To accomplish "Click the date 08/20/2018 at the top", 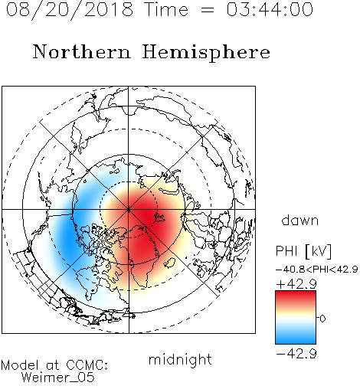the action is pyautogui.click(x=70, y=10).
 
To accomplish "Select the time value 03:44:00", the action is pyautogui.click(x=270, y=9).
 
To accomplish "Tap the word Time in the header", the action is pyautogui.click(x=166, y=9).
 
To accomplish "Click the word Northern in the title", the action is pyautogui.click(x=82, y=51).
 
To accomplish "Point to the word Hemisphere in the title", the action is pyautogui.click(x=206, y=53).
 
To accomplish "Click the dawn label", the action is pyautogui.click(x=300, y=220).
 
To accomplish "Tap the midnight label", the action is pyautogui.click(x=180, y=361).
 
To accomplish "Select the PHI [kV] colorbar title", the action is pyautogui.click(x=303, y=251).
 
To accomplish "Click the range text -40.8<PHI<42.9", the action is pyautogui.click(x=316, y=270).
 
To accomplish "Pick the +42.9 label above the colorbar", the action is pyautogui.click(x=296, y=284).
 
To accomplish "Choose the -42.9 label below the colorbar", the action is pyautogui.click(x=296, y=354).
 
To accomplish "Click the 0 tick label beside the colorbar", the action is pyautogui.click(x=322, y=319).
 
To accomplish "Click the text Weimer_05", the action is pyautogui.click(x=58, y=378).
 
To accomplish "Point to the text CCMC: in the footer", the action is pyautogui.click(x=87, y=365).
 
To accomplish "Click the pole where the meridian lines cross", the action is pyautogui.click(x=129, y=209).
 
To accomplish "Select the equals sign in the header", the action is pyautogui.click(x=207, y=10).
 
